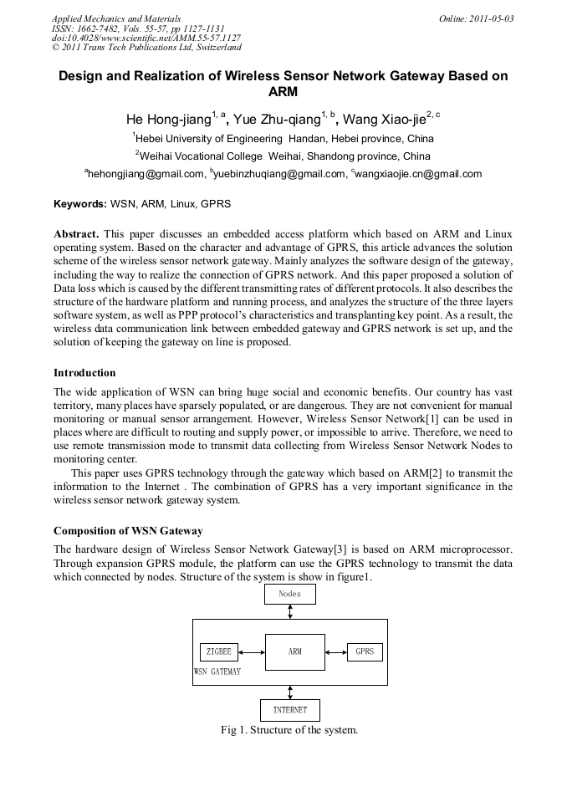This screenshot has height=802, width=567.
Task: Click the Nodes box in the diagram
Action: (289, 594)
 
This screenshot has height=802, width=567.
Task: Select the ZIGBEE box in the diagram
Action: (218, 651)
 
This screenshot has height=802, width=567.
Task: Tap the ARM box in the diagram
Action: (294, 651)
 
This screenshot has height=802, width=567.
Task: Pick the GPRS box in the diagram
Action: (365, 651)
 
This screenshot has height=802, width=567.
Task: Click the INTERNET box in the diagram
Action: (289, 710)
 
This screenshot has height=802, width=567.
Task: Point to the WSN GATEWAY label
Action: (217, 672)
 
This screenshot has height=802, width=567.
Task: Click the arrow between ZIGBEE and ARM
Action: (252, 651)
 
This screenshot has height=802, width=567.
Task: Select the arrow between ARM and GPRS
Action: (335, 651)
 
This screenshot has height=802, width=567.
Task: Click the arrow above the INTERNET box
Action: (290, 692)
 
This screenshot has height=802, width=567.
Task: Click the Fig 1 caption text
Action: (289, 730)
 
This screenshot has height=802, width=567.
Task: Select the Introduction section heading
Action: (84, 373)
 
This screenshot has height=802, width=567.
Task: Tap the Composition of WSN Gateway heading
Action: (128, 531)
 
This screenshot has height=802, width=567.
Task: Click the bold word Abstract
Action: (76, 233)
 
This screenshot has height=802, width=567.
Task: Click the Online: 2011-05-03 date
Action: (476, 18)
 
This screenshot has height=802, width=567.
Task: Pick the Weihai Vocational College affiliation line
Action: (284, 156)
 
